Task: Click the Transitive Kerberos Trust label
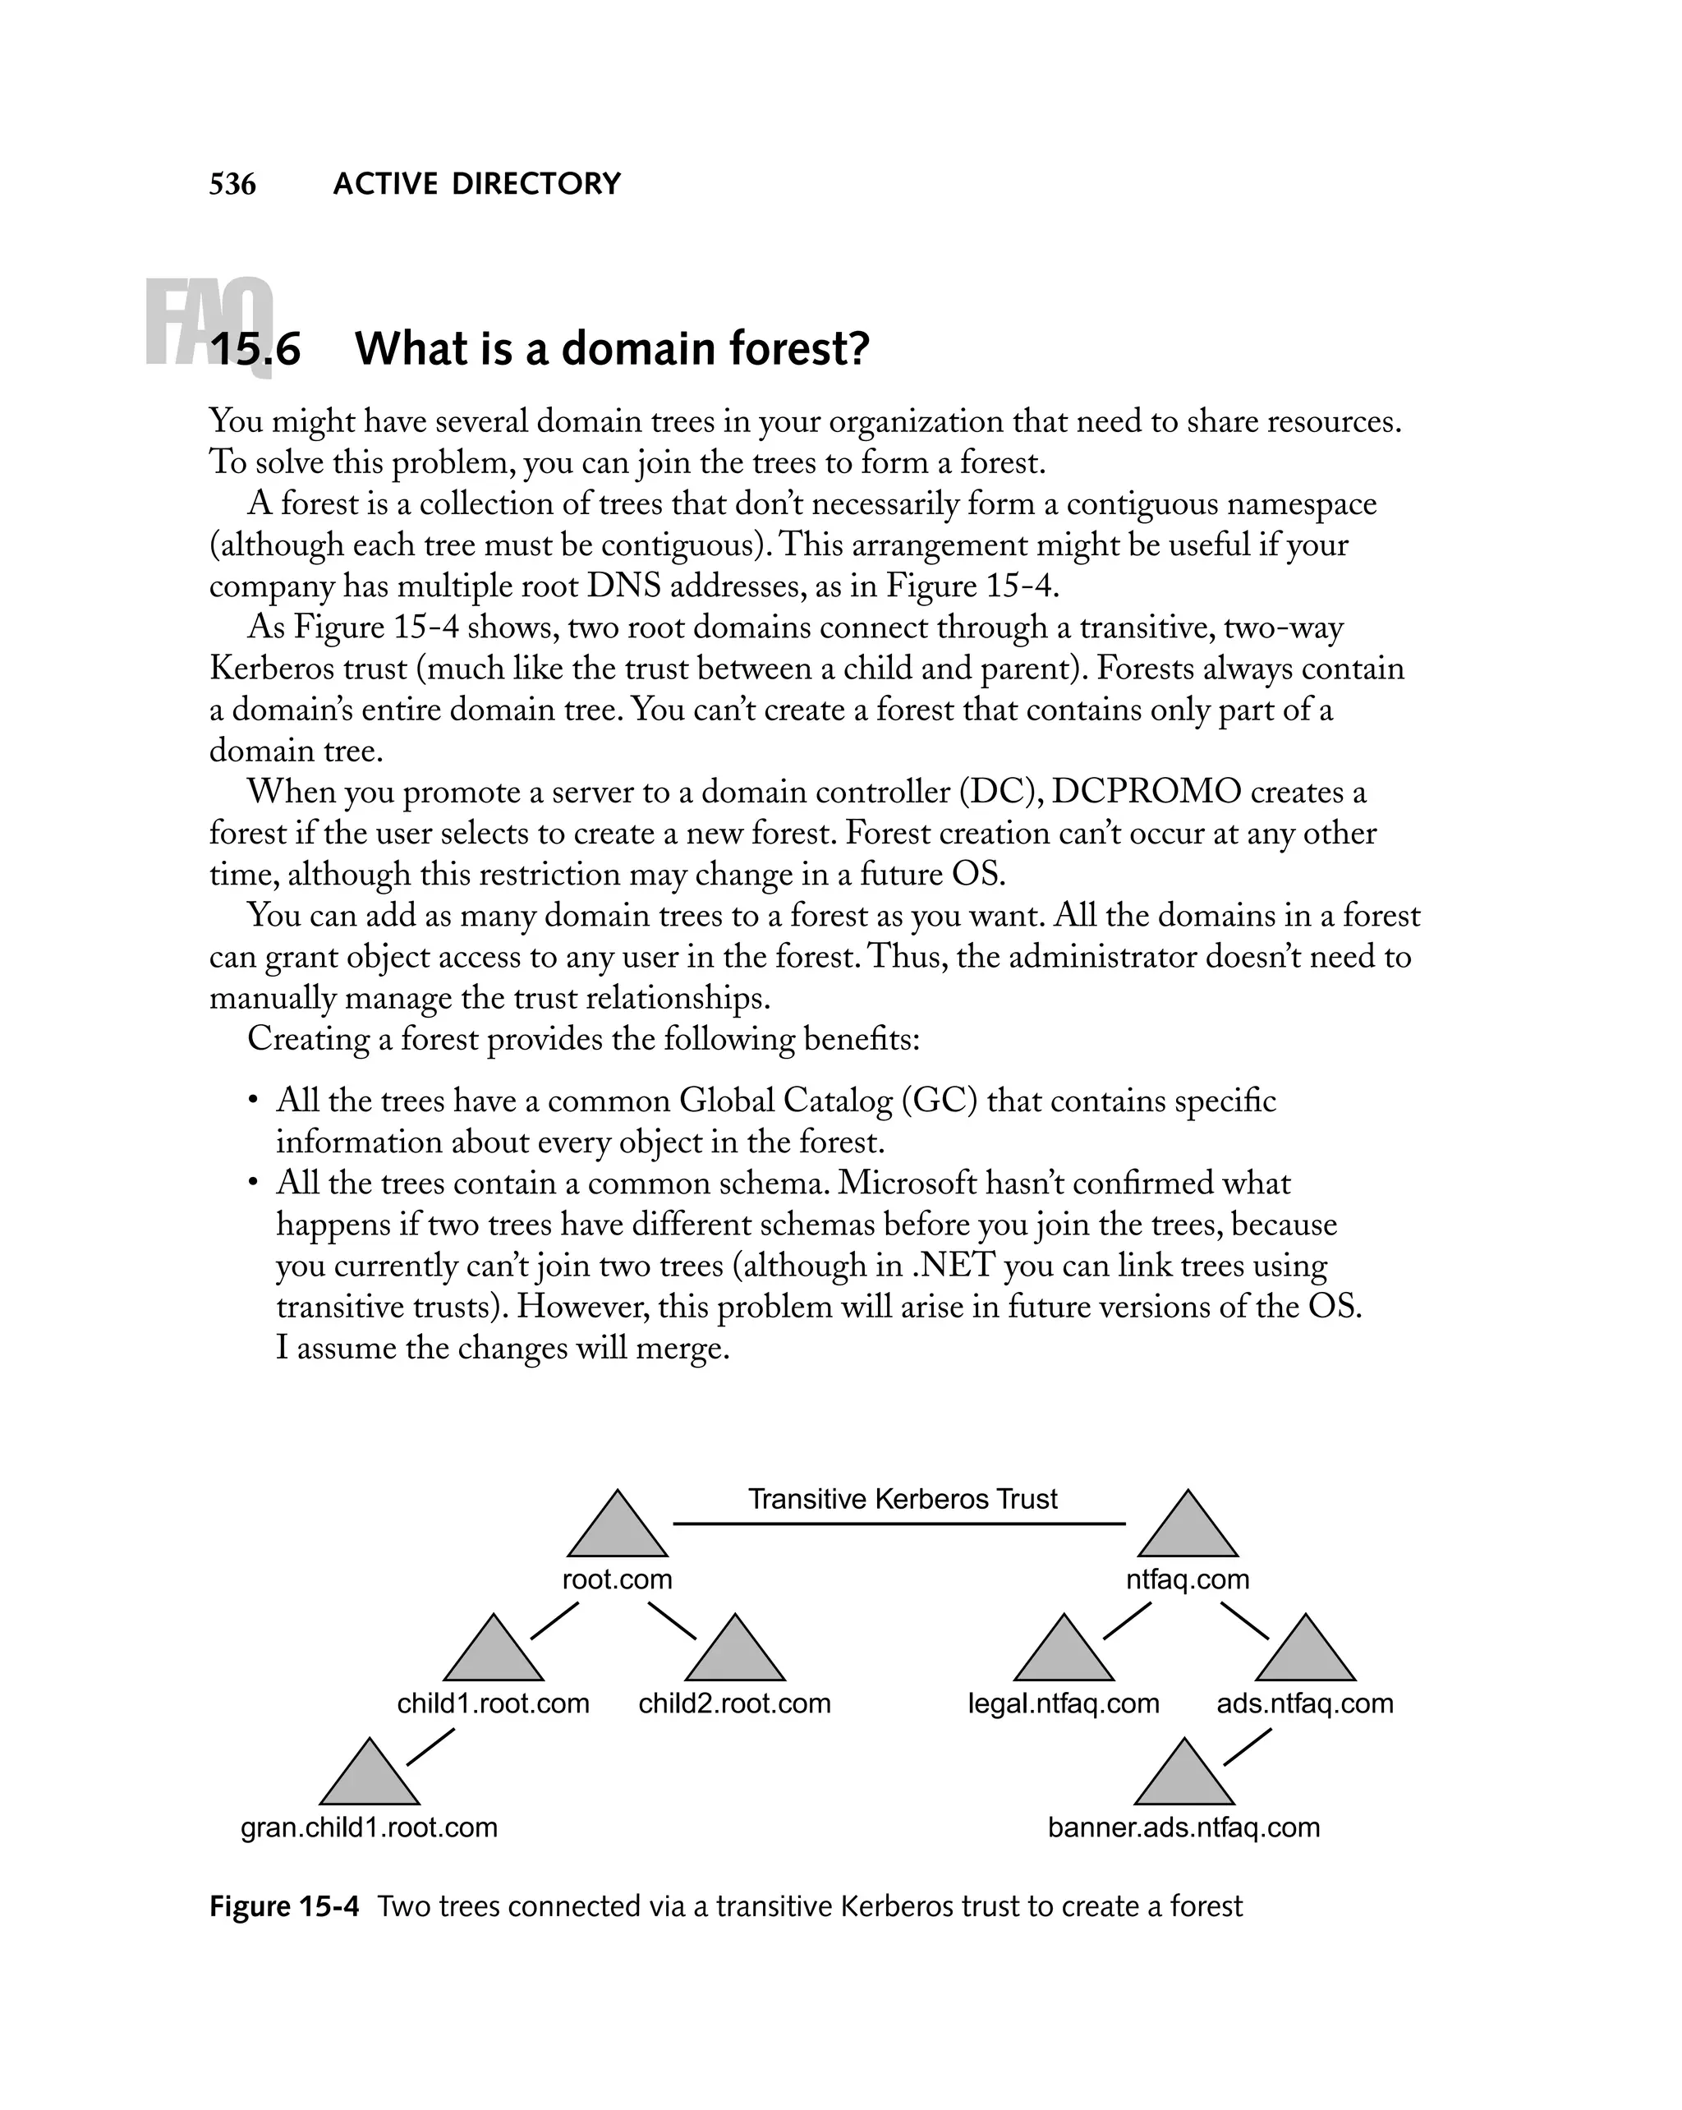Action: coord(902,1498)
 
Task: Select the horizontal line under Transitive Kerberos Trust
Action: coord(898,1524)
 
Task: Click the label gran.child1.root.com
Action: coord(369,1827)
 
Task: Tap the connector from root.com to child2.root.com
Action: coord(671,1620)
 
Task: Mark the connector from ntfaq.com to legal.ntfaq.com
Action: coord(1126,1620)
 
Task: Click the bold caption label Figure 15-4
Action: coord(284,1906)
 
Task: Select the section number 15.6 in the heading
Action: coord(256,349)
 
